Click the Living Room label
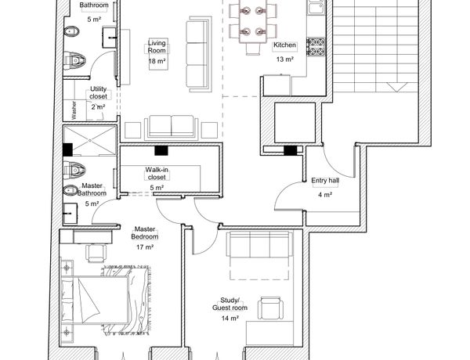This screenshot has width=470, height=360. [x=157, y=47]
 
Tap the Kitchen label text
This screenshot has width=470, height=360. [x=285, y=45]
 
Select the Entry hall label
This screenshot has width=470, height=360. [x=325, y=181]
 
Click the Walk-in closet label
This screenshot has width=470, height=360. [x=157, y=174]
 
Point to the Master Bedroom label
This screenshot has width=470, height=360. [x=145, y=232]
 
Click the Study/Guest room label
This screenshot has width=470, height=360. [x=230, y=304]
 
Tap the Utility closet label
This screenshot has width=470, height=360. [x=99, y=92]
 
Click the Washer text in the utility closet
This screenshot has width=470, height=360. [x=74, y=110]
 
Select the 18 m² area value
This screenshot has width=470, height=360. [x=157, y=61]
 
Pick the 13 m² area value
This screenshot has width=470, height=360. [x=285, y=59]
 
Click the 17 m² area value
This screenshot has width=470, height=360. [x=145, y=247]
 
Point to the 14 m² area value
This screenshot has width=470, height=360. [x=230, y=318]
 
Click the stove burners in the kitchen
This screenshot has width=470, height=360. [x=316, y=47]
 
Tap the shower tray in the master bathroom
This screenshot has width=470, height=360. [x=89, y=140]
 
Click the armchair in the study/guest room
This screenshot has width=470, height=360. [x=271, y=308]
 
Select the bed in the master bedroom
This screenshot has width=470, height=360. [x=96, y=300]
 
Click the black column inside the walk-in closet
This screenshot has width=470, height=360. [x=161, y=150]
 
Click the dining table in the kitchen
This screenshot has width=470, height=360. [x=253, y=21]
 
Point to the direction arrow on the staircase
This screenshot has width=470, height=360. [x=397, y=87]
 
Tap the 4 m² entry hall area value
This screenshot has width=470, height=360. [x=325, y=195]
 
